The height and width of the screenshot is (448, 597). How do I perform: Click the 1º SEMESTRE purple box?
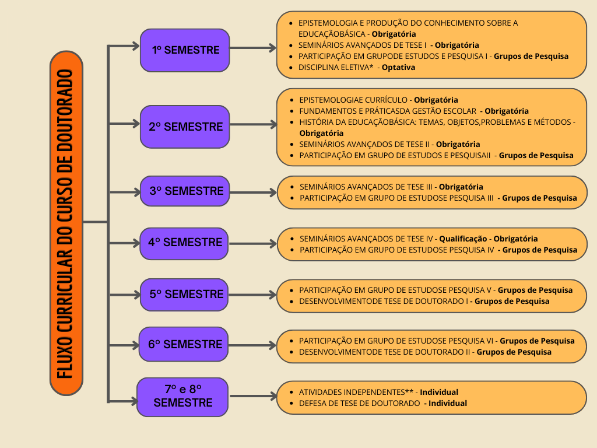[185, 50]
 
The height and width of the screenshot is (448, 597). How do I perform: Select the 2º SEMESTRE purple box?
[185, 127]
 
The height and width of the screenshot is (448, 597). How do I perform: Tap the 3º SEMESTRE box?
[185, 191]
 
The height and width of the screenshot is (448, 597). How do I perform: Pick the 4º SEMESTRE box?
[184, 243]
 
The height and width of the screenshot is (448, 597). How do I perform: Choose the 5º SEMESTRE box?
[184, 295]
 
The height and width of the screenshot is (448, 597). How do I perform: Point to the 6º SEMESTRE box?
[184, 344]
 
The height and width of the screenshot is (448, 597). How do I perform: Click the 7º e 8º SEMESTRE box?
[182, 397]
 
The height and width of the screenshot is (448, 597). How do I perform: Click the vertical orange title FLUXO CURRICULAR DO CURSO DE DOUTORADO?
[66, 223]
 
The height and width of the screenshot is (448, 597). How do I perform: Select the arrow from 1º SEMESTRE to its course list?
[253, 48]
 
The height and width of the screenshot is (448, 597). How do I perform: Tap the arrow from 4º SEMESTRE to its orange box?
[253, 243]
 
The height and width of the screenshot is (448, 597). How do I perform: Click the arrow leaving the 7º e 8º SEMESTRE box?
[253, 396]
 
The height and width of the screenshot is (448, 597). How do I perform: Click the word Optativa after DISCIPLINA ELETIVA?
[398, 68]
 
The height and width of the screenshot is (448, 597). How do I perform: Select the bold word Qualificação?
[463, 239]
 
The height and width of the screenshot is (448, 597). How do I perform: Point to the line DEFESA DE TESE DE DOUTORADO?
[359, 403]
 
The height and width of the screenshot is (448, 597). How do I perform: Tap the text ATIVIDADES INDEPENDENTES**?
[356, 392]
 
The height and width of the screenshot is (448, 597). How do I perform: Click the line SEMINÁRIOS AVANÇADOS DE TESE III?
[366, 187]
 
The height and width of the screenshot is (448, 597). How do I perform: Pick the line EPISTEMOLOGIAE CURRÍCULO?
[353, 100]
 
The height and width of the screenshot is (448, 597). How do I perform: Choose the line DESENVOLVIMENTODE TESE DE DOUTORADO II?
[385, 352]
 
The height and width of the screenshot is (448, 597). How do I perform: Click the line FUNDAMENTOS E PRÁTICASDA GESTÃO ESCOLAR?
[388, 111]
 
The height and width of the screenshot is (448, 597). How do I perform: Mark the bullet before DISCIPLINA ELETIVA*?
[291, 68]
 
